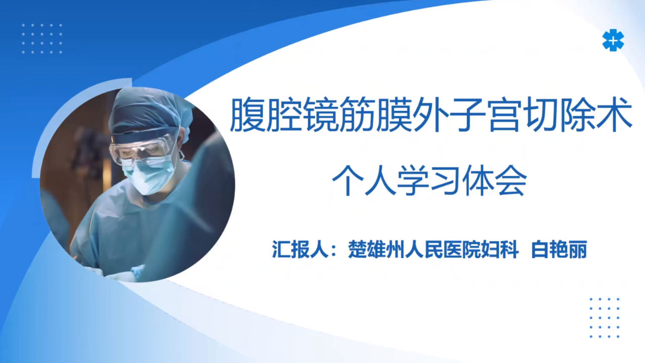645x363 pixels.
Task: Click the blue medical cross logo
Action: point(613,40)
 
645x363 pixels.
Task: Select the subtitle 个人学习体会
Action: point(429,180)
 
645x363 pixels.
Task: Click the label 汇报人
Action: point(300,249)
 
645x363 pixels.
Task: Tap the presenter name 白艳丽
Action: point(559,249)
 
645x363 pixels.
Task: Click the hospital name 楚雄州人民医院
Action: point(414,249)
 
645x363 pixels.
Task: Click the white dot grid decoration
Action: point(42,39)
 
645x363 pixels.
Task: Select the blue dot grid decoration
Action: point(604,318)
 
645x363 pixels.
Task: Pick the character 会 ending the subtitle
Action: point(511,180)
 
